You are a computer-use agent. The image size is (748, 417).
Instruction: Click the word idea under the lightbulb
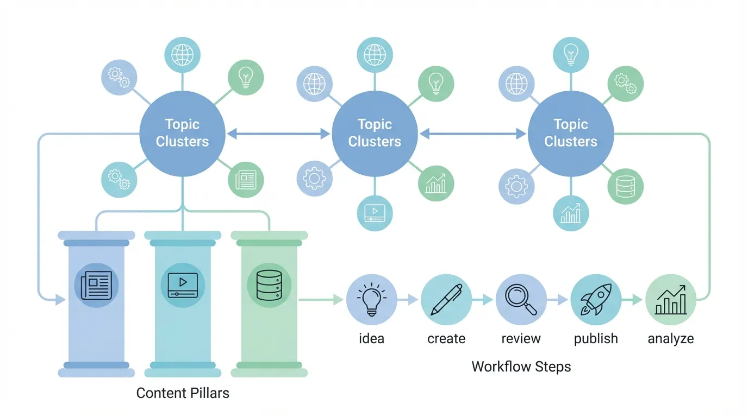point(371,339)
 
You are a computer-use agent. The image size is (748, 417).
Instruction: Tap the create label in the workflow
point(446,339)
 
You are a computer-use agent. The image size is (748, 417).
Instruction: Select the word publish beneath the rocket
point(596,339)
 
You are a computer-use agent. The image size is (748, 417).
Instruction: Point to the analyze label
point(671,339)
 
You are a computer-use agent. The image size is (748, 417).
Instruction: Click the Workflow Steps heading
point(521,367)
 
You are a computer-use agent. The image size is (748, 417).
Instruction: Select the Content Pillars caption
point(183,393)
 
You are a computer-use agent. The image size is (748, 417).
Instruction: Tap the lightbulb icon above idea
point(371,299)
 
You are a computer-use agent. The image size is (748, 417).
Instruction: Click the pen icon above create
point(446,299)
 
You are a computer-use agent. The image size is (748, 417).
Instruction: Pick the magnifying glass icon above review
point(521,299)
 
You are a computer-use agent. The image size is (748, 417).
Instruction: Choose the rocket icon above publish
point(596,299)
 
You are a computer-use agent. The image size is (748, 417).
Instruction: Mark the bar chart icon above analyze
point(671,299)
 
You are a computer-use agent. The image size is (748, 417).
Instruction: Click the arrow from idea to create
point(408,299)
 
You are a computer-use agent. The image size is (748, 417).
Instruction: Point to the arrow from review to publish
point(558,299)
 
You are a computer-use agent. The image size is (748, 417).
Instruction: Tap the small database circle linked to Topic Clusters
point(625,186)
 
